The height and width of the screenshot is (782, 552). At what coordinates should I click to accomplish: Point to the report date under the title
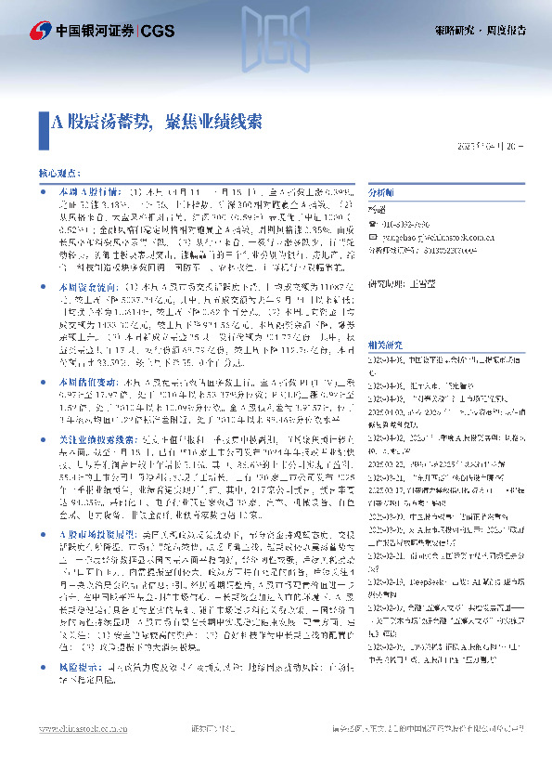pyautogui.click(x=491, y=146)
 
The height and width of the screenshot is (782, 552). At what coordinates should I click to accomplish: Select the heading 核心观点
pyautogui.click(x=58, y=173)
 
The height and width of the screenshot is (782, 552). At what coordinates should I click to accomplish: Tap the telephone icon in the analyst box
pyautogui.click(x=374, y=223)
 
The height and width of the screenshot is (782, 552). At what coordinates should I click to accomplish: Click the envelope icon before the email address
pyautogui.click(x=374, y=236)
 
